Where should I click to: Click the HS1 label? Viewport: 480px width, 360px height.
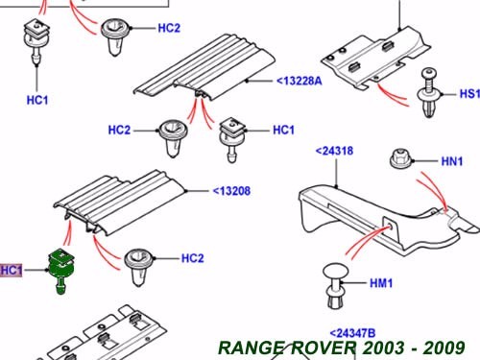pos(468,95)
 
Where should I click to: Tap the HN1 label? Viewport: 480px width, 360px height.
pos(451,162)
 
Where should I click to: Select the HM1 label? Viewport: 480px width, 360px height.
pos(381,283)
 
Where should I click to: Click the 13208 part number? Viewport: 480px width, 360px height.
pos(230,191)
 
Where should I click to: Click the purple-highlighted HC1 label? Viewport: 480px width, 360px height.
pos(12,271)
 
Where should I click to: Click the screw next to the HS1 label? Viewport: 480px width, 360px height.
pos(428,99)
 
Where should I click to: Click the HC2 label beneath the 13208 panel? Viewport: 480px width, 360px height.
pos(193,258)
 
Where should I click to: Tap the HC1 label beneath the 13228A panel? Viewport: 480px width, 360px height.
pos(283,130)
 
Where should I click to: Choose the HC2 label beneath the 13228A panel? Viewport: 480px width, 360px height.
pos(119,130)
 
